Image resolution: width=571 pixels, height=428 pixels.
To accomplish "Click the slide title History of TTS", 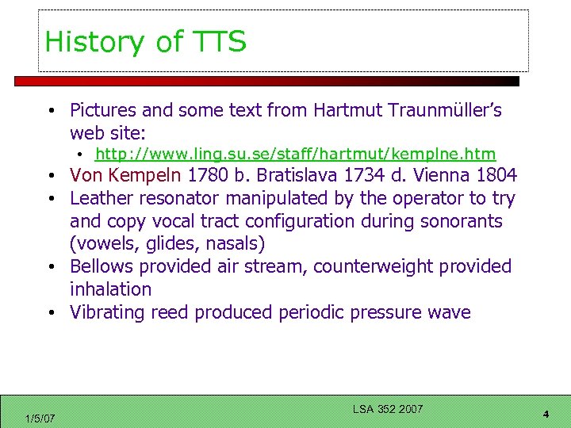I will [x=145, y=41].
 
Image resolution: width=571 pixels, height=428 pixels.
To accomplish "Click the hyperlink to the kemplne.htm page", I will [x=295, y=154].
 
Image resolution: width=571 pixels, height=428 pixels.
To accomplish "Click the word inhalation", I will [x=110, y=289].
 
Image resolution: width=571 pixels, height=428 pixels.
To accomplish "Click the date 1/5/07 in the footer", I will [x=40, y=418].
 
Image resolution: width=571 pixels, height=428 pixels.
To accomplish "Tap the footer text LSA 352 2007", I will [x=388, y=409].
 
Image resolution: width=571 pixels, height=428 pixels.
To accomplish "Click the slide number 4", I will [x=546, y=415].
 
